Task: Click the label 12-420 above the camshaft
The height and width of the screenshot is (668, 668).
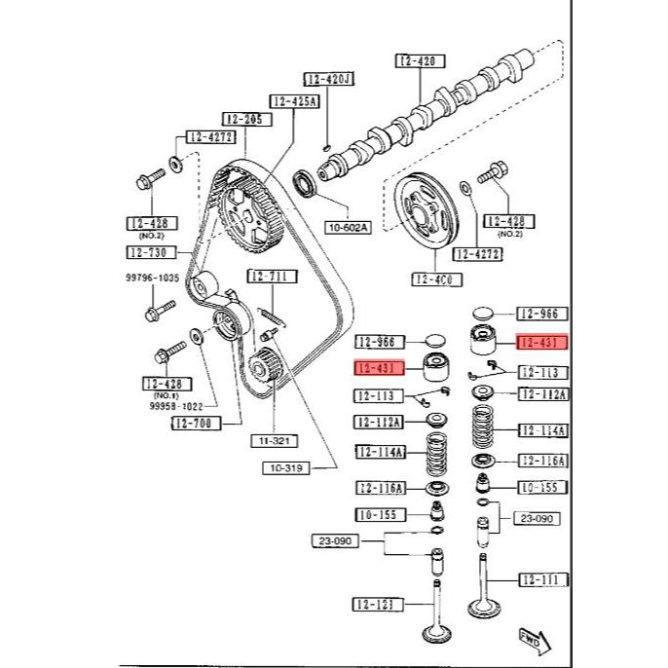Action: pos(421,60)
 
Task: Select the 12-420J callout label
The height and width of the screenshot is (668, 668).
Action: pos(328,79)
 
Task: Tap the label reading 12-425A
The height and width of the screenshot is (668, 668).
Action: pos(295,100)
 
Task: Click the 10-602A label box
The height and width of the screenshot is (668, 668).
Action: pos(348,227)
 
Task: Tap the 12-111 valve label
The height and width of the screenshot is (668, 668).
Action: pos(541,579)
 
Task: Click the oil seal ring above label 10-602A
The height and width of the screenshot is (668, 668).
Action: pos(305,181)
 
